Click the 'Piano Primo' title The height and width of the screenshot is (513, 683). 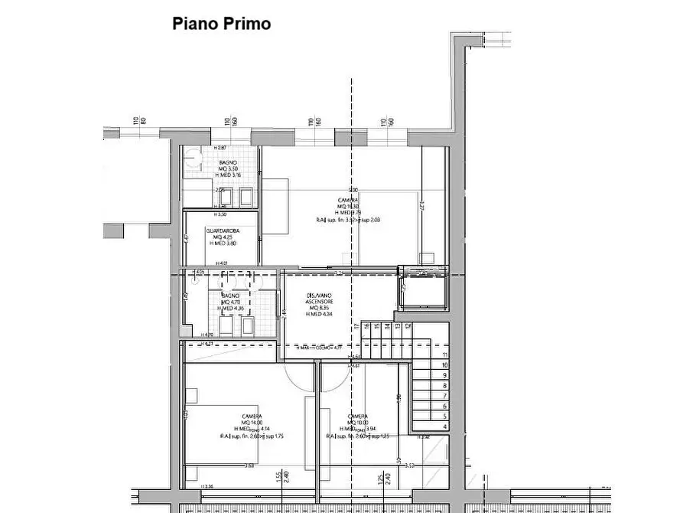tap(221, 24)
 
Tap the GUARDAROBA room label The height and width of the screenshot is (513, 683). tap(223, 230)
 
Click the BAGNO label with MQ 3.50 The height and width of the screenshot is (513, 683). tap(226, 163)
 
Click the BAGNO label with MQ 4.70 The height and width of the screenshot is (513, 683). tap(230, 296)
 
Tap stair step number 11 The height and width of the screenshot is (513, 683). tap(444, 356)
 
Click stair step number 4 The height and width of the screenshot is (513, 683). tap(444, 426)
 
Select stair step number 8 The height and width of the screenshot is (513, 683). tap(444, 386)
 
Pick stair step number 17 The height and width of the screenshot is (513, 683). tap(356, 327)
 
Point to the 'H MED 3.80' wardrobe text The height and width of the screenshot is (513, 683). tap(223, 244)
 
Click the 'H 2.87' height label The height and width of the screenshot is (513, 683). tap(223, 148)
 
